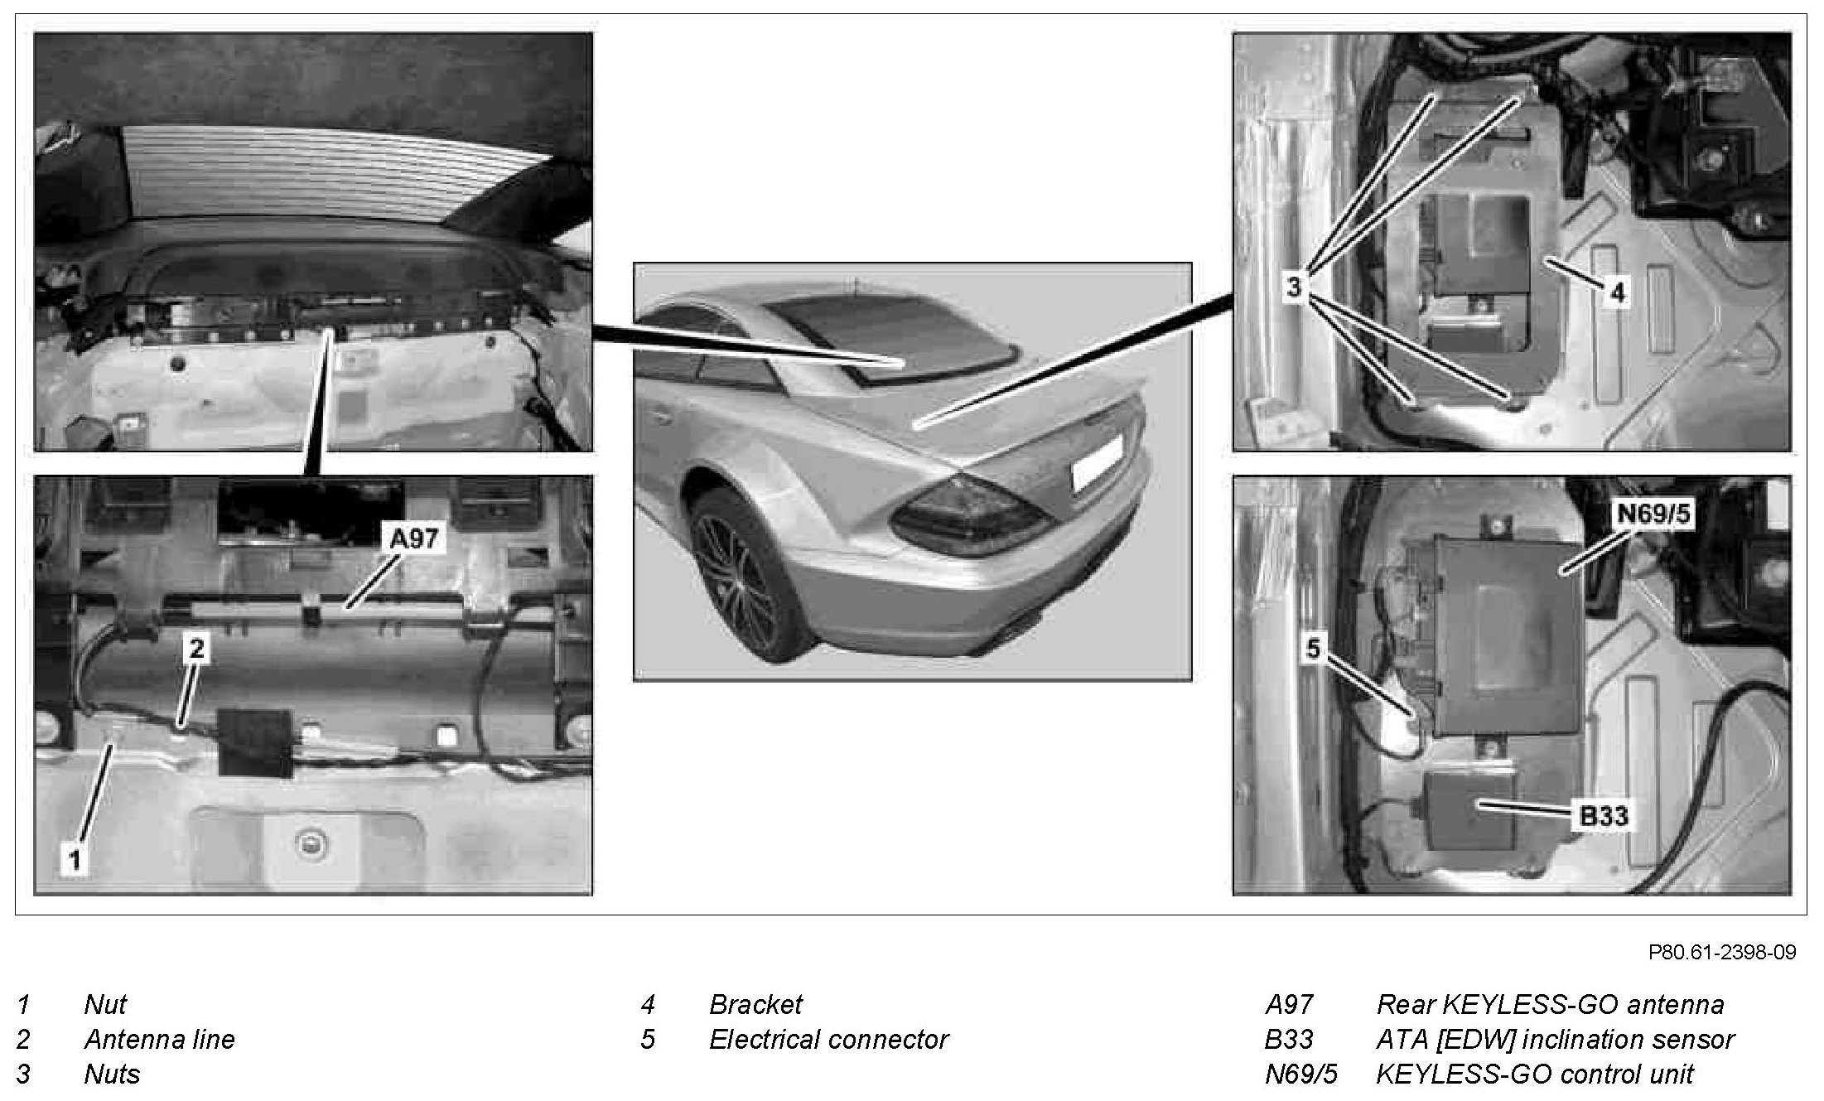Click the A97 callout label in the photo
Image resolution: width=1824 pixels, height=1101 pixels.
[x=414, y=539]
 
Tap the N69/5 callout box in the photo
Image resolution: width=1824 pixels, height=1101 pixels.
[x=1653, y=515]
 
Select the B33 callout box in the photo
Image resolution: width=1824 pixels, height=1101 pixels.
[x=1604, y=816]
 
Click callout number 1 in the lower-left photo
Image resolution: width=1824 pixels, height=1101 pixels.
[x=75, y=860]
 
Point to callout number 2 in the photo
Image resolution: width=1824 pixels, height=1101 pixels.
[x=196, y=648]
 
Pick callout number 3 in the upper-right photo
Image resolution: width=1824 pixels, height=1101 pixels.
[x=1295, y=287]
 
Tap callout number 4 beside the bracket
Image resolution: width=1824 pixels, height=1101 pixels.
[x=1618, y=292]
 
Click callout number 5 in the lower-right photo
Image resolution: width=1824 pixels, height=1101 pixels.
[x=1313, y=649]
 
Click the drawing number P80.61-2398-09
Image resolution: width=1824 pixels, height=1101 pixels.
[x=1722, y=953]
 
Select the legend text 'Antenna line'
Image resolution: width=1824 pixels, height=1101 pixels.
[x=159, y=1039]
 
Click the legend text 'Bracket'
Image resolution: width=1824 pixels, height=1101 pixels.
[x=755, y=1004]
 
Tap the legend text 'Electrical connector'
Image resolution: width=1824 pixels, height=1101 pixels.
[x=828, y=1039]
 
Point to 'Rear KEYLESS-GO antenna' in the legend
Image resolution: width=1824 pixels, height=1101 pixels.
[x=1550, y=1004]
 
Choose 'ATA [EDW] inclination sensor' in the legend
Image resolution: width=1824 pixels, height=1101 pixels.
[x=1555, y=1039]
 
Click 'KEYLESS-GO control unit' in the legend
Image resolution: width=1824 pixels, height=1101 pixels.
[x=1535, y=1074]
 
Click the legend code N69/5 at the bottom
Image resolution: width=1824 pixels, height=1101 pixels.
[x=1300, y=1074]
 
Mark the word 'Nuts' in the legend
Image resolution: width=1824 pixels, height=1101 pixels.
[x=112, y=1074]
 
